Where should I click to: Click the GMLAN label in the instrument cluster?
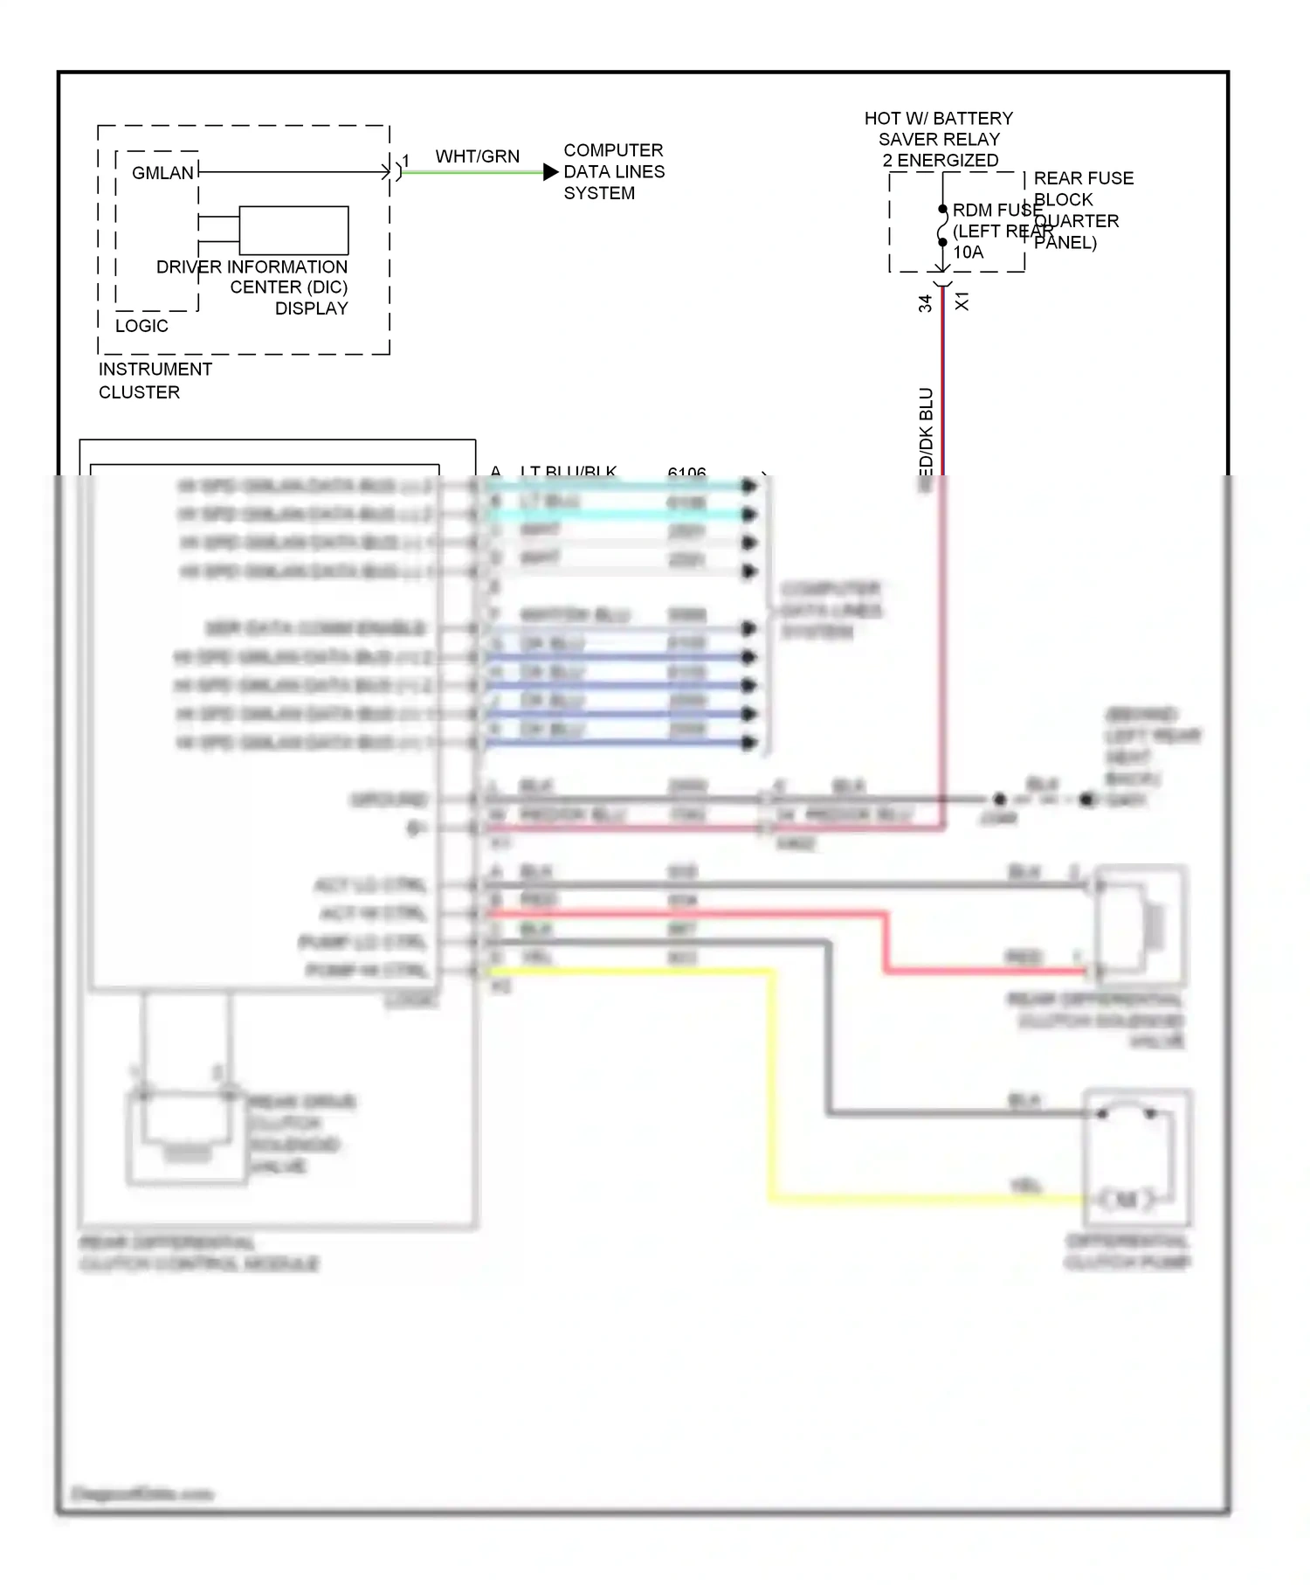(x=162, y=173)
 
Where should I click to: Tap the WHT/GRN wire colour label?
(x=477, y=156)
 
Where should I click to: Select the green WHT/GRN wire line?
(x=472, y=172)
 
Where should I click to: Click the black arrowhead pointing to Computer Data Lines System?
(x=550, y=172)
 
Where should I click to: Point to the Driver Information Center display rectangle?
(x=293, y=230)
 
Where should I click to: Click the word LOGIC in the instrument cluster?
(x=141, y=326)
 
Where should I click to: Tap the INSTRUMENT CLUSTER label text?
(x=155, y=380)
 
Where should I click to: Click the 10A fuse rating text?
(x=968, y=253)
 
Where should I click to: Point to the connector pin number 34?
(x=925, y=303)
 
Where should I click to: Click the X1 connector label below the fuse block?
(x=962, y=302)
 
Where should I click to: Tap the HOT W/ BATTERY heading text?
(x=938, y=119)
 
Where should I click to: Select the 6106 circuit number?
(x=686, y=472)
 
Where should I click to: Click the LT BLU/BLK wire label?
(x=569, y=472)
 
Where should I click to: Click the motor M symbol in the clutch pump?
(x=1127, y=1199)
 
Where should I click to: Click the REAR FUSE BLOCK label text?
(x=1083, y=189)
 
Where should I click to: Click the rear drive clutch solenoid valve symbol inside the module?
(x=185, y=1136)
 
